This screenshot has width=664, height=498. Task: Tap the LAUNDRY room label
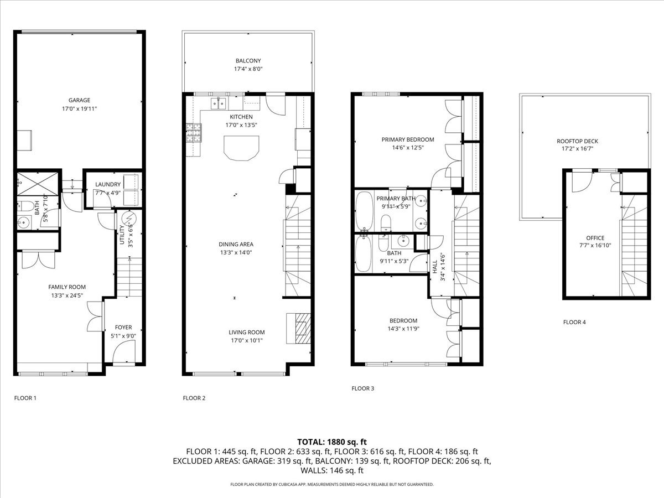(107, 184)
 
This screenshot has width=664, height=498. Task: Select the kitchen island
(241, 148)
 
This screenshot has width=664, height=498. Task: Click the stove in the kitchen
(193, 133)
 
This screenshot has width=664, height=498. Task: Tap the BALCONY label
(248, 61)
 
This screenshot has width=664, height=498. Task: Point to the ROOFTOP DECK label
(577, 141)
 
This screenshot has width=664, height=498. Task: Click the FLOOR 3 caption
(363, 388)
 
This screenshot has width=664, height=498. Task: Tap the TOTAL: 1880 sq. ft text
(332, 442)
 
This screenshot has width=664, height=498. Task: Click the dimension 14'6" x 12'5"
(407, 147)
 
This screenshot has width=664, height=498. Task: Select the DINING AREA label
(236, 244)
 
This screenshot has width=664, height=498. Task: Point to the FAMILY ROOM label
(67, 287)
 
